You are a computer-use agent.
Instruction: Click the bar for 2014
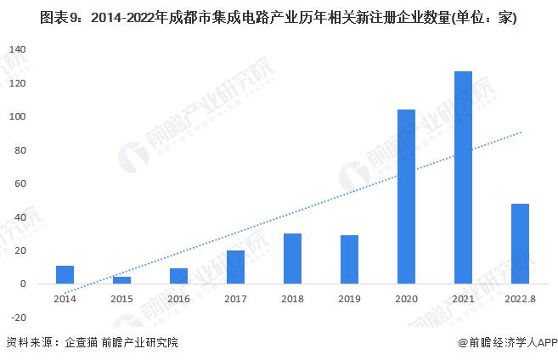pos(65,275)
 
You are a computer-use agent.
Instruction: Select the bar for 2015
pos(122,280)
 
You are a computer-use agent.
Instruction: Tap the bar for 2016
pos(178,276)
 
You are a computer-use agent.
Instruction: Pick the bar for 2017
pos(235,267)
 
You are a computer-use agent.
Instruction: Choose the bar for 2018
pos(292,259)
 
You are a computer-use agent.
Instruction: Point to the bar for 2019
pos(349,260)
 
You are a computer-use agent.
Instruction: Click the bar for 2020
pos(406,197)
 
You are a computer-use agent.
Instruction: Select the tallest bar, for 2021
pos(463,177)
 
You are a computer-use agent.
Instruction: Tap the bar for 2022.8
pos(520,244)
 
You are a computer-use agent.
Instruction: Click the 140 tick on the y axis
pos(19,50)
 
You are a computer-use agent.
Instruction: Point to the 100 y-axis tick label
pos(19,117)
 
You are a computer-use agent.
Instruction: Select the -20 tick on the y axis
pos(19,318)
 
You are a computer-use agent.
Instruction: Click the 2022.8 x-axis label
pos(520,299)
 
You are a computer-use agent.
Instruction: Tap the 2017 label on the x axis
pos(235,299)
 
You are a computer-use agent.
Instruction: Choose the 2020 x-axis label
pos(406,299)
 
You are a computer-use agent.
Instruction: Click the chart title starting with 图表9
pos(279,16)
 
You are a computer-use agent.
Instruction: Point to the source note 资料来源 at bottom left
pos(93,343)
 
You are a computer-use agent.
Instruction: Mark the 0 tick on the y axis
pos(25,284)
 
